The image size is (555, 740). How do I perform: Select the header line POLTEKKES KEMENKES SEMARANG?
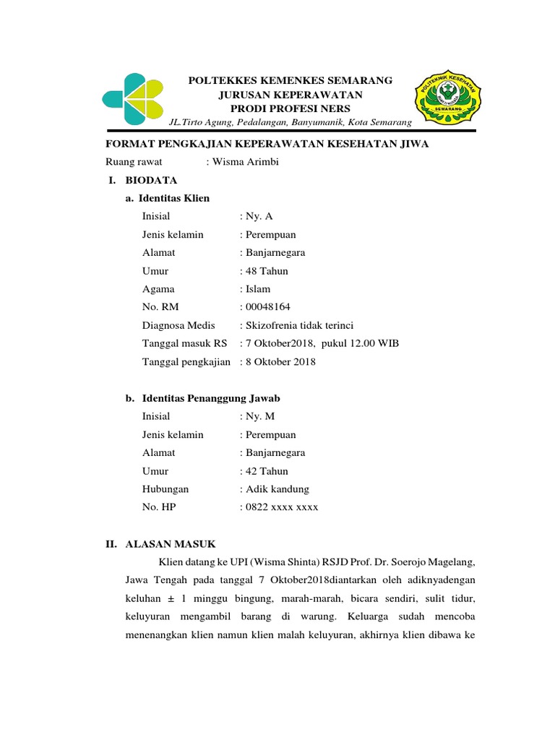290,80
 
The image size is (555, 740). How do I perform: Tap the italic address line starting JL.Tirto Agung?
290,124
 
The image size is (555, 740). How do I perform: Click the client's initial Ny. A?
259,216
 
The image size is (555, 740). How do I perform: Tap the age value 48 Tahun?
266,271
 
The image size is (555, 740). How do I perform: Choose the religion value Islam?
259,289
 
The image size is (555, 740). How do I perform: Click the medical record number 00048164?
268,307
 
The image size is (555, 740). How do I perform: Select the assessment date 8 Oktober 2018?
280,361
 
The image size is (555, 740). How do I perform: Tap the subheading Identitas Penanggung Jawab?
210,398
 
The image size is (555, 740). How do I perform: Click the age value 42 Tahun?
266,471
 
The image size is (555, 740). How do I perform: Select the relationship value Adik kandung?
277,489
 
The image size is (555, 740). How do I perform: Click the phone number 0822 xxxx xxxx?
281,507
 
